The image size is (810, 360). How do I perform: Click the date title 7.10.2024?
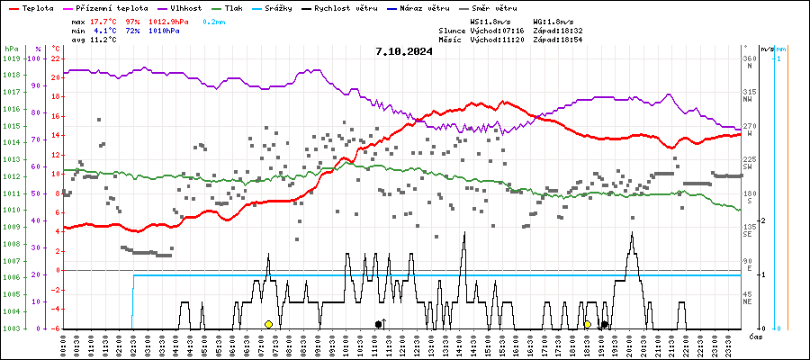pyautogui.click(x=404, y=51)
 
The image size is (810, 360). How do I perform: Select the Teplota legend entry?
pyautogui.click(x=37, y=7)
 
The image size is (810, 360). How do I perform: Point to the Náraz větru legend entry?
pyautogui.click(x=426, y=7)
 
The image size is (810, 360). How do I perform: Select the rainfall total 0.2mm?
pyautogui.click(x=214, y=20)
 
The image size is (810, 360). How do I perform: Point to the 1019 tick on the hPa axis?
pyautogui.click(x=12, y=58)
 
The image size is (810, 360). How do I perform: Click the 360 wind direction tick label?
pyautogui.click(x=749, y=58)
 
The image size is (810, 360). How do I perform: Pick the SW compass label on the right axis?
pyautogui.click(x=747, y=166)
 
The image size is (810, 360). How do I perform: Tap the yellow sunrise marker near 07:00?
pyautogui.click(x=268, y=324)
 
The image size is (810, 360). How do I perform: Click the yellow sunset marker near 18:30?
pyautogui.click(x=587, y=324)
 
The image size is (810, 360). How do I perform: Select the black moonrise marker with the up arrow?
pyautogui.click(x=379, y=324)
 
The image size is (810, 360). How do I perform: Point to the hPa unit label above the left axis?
pyautogui.click(x=11, y=49)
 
